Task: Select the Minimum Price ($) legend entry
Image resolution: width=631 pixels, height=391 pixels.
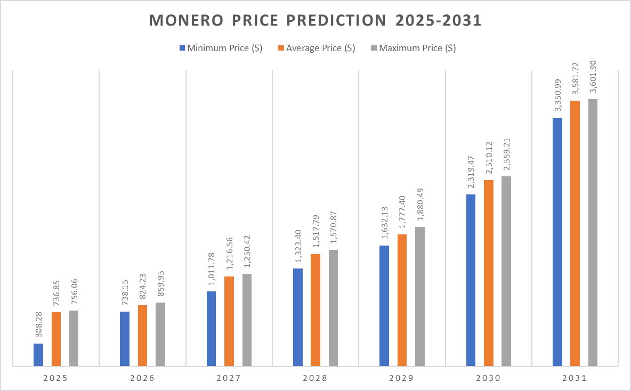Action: [220, 48]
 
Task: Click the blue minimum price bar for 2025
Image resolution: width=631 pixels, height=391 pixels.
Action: [38, 355]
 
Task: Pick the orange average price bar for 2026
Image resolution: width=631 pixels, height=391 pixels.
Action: [142, 336]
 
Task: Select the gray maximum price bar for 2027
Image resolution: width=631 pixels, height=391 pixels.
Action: [247, 320]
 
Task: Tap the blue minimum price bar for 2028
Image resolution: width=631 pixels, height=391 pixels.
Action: [298, 317]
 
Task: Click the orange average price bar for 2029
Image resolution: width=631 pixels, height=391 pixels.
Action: [402, 300]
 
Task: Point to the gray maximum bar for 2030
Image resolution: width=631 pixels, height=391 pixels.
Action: [506, 271]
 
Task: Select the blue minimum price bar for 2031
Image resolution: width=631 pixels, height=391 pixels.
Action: [557, 242]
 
